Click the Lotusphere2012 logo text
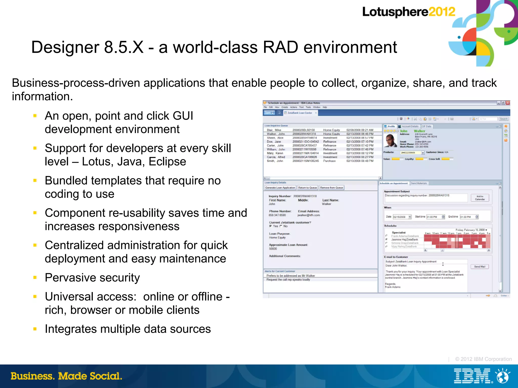click(408, 12)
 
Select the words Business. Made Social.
click(66, 376)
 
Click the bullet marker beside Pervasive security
click(35, 277)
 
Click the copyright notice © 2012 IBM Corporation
click(483, 359)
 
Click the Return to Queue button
click(307, 188)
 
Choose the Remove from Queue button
click(331, 188)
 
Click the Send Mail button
click(480, 267)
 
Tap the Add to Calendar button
click(480, 198)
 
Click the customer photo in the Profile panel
click(390, 140)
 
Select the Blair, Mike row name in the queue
click(274, 130)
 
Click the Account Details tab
click(410, 126)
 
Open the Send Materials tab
click(419, 183)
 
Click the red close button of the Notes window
click(508, 103)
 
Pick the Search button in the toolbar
click(504, 119)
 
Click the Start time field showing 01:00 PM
click(434, 217)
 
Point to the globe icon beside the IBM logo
click(503, 376)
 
